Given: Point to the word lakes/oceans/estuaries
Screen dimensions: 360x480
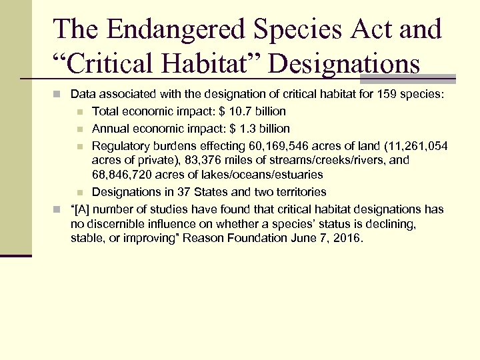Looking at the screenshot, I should [270, 175].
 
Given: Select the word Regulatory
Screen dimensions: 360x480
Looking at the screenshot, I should [119, 145].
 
